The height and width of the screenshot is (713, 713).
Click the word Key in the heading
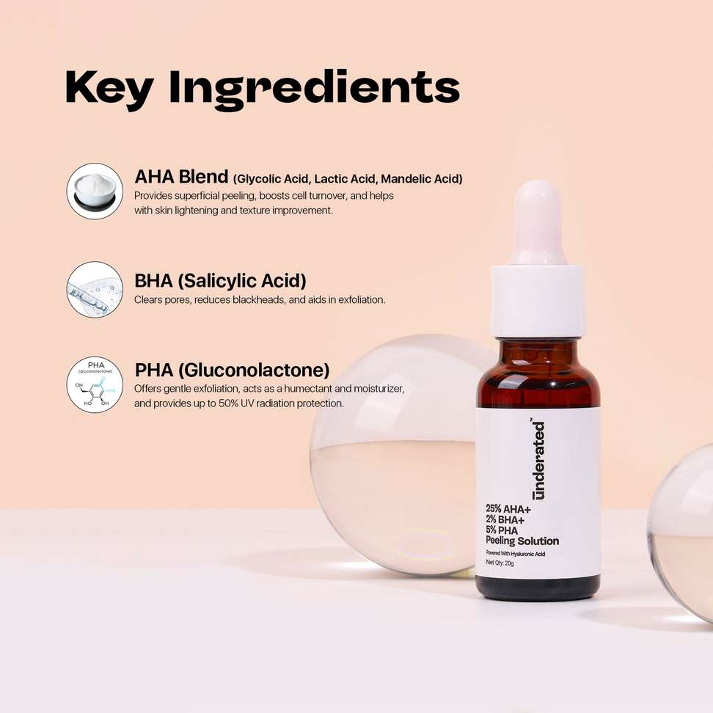pos(109,89)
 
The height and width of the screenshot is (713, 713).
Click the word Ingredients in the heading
pos(314,90)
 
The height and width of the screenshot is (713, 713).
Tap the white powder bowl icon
pos(95,191)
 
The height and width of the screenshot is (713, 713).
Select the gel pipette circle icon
pos(95,290)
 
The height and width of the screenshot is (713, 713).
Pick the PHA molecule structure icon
pos(95,384)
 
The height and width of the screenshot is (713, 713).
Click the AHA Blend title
pos(181,177)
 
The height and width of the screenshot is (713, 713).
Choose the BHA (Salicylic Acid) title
pos(220,281)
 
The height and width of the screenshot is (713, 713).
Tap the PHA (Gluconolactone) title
pos(232,370)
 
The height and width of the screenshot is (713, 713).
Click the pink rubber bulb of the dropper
pos(538,222)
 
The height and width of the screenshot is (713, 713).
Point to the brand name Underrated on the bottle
pos(538,460)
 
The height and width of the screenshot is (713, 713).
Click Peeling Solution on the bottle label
pos(522,541)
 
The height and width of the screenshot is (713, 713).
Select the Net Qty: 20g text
pos(500,563)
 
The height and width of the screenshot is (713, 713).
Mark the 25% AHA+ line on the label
pos(508,509)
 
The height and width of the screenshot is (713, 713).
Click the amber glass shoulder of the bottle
pos(538,373)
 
